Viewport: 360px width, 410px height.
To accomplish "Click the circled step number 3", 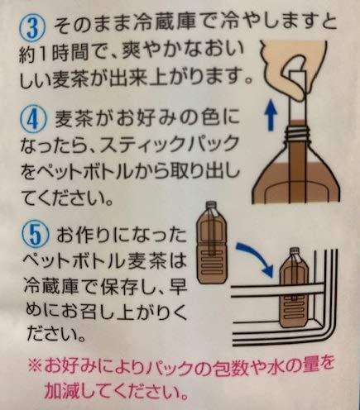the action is pyautogui.click(x=33, y=28).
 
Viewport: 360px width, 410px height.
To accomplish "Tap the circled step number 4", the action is pyautogui.click(x=33, y=119).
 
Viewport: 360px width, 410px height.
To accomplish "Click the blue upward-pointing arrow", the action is pyautogui.click(x=272, y=115).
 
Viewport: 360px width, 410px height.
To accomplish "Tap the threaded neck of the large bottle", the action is pyautogui.click(x=296, y=133).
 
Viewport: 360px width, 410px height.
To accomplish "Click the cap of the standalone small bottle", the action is pyautogui.click(x=211, y=205).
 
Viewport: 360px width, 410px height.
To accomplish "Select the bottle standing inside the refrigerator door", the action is pyautogui.click(x=295, y=287).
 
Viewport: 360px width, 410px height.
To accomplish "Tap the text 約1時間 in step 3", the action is pyautogui.click(x=54, y=54).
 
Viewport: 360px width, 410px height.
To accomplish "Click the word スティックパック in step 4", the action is pyautogui.click(x=170, y=144).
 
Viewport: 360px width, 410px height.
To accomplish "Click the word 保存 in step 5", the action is pyautogui.click(x=120, y=286).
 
